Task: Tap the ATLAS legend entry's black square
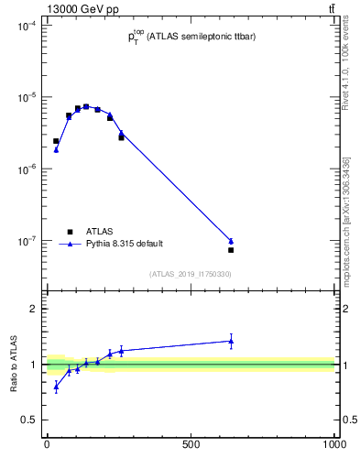(x=70, y=232)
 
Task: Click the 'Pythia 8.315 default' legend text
(x=124, y=244)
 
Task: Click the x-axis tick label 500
(x=191, y=444)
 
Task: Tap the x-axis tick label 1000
(x=333, y=444)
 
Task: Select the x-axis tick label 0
(x=47, y=444)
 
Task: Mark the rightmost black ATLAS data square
(x=231, y=249)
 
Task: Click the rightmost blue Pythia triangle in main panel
(x=231, y=241)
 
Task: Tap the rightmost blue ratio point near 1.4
(x=231, y=341)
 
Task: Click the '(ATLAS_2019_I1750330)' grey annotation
(x=190, y=274)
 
